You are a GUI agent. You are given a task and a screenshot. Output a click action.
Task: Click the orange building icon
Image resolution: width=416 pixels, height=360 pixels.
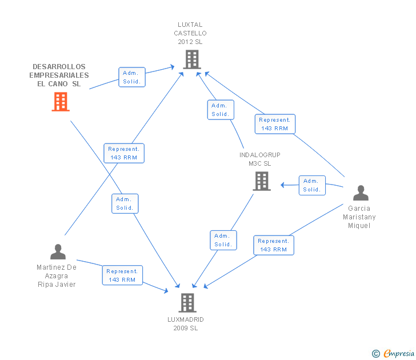click(x=61, y=102)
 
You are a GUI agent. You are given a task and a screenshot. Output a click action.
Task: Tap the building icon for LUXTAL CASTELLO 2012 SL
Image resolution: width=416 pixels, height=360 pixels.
click(x=192, y=59)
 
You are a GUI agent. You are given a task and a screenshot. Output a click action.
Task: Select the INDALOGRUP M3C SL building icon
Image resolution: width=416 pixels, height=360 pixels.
click(x=262, y=181)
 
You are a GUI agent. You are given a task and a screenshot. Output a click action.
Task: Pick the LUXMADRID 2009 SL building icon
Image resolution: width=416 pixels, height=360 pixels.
click(x=187, y=303)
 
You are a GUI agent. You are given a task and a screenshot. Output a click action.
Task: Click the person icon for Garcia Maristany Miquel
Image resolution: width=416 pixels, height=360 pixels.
click(x=361, y=193)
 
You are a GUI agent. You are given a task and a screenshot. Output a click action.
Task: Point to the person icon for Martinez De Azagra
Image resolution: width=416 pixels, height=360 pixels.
click(x=58, y=252)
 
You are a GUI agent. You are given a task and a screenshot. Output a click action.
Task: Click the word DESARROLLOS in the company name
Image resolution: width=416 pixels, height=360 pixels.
click(x=59, y=67)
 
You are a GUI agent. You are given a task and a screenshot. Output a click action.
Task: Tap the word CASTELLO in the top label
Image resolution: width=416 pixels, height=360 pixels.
click(x=190, y=33)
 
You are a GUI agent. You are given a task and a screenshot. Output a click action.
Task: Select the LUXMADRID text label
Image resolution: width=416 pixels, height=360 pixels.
click(x=186, y=319)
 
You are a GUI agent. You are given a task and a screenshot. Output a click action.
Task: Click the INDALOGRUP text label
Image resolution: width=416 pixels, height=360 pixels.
click(x=260, y=155)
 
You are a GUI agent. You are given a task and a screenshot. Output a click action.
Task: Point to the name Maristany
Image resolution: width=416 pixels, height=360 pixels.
click(x=359, y=217)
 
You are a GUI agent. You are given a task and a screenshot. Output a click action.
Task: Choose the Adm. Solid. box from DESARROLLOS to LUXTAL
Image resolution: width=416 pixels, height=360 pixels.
click(x=132, y=77)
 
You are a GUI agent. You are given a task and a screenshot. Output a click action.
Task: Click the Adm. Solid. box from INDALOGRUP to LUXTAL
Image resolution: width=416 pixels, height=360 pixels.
click(x=221, y=110)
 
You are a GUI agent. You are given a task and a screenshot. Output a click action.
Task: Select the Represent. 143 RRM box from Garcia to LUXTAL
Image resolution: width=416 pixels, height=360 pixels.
click(x=275, y=124)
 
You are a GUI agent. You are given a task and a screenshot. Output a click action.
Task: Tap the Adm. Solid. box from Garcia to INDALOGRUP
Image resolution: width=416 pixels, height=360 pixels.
click(x=312, y=185)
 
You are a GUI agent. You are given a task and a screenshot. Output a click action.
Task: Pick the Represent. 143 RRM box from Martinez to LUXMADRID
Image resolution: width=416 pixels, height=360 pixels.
click(x=122, y=275)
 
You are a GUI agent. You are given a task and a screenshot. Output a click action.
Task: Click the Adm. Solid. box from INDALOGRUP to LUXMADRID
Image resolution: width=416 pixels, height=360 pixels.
click(x=223, y=240)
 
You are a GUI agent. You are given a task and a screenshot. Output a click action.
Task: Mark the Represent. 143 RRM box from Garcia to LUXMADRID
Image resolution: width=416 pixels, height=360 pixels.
click(x=274, y=245)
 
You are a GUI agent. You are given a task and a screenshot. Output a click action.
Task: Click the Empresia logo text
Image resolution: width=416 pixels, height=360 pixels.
click(x=399, y=354)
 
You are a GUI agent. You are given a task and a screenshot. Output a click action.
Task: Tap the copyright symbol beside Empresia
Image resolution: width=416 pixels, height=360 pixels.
click(x=376, y=354)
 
